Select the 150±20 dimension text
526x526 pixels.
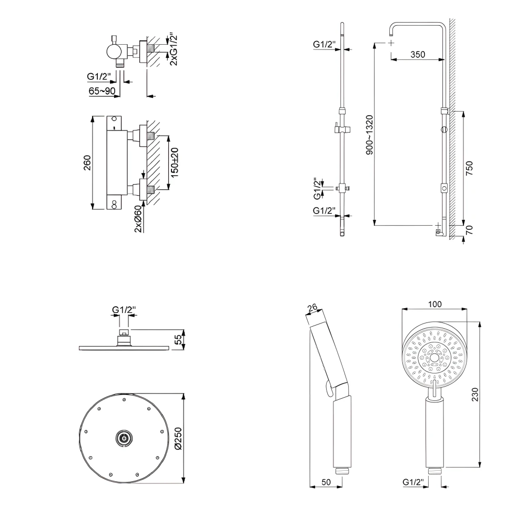(175, 162)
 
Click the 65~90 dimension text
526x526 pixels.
(102, 91)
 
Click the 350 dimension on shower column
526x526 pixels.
(418, 55)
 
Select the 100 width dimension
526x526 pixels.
(434, 304)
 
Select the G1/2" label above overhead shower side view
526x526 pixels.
(124, 310)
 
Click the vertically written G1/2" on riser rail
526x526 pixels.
(317, 189)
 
